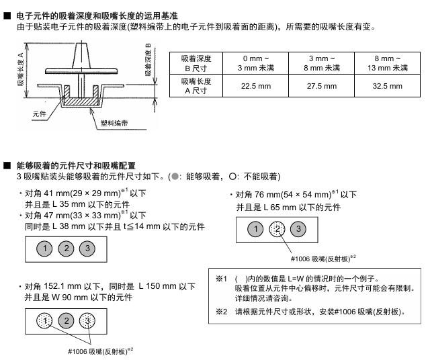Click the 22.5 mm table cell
point(256,86)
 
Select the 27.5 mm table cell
point(322,86)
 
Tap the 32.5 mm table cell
point(387,86)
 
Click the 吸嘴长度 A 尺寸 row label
point(197,86)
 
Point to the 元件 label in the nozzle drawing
point(40,114)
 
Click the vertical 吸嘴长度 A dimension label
point(21,71)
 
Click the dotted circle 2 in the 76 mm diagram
point(278,230)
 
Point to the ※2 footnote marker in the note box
point(222,312)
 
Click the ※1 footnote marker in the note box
point(222,277)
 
